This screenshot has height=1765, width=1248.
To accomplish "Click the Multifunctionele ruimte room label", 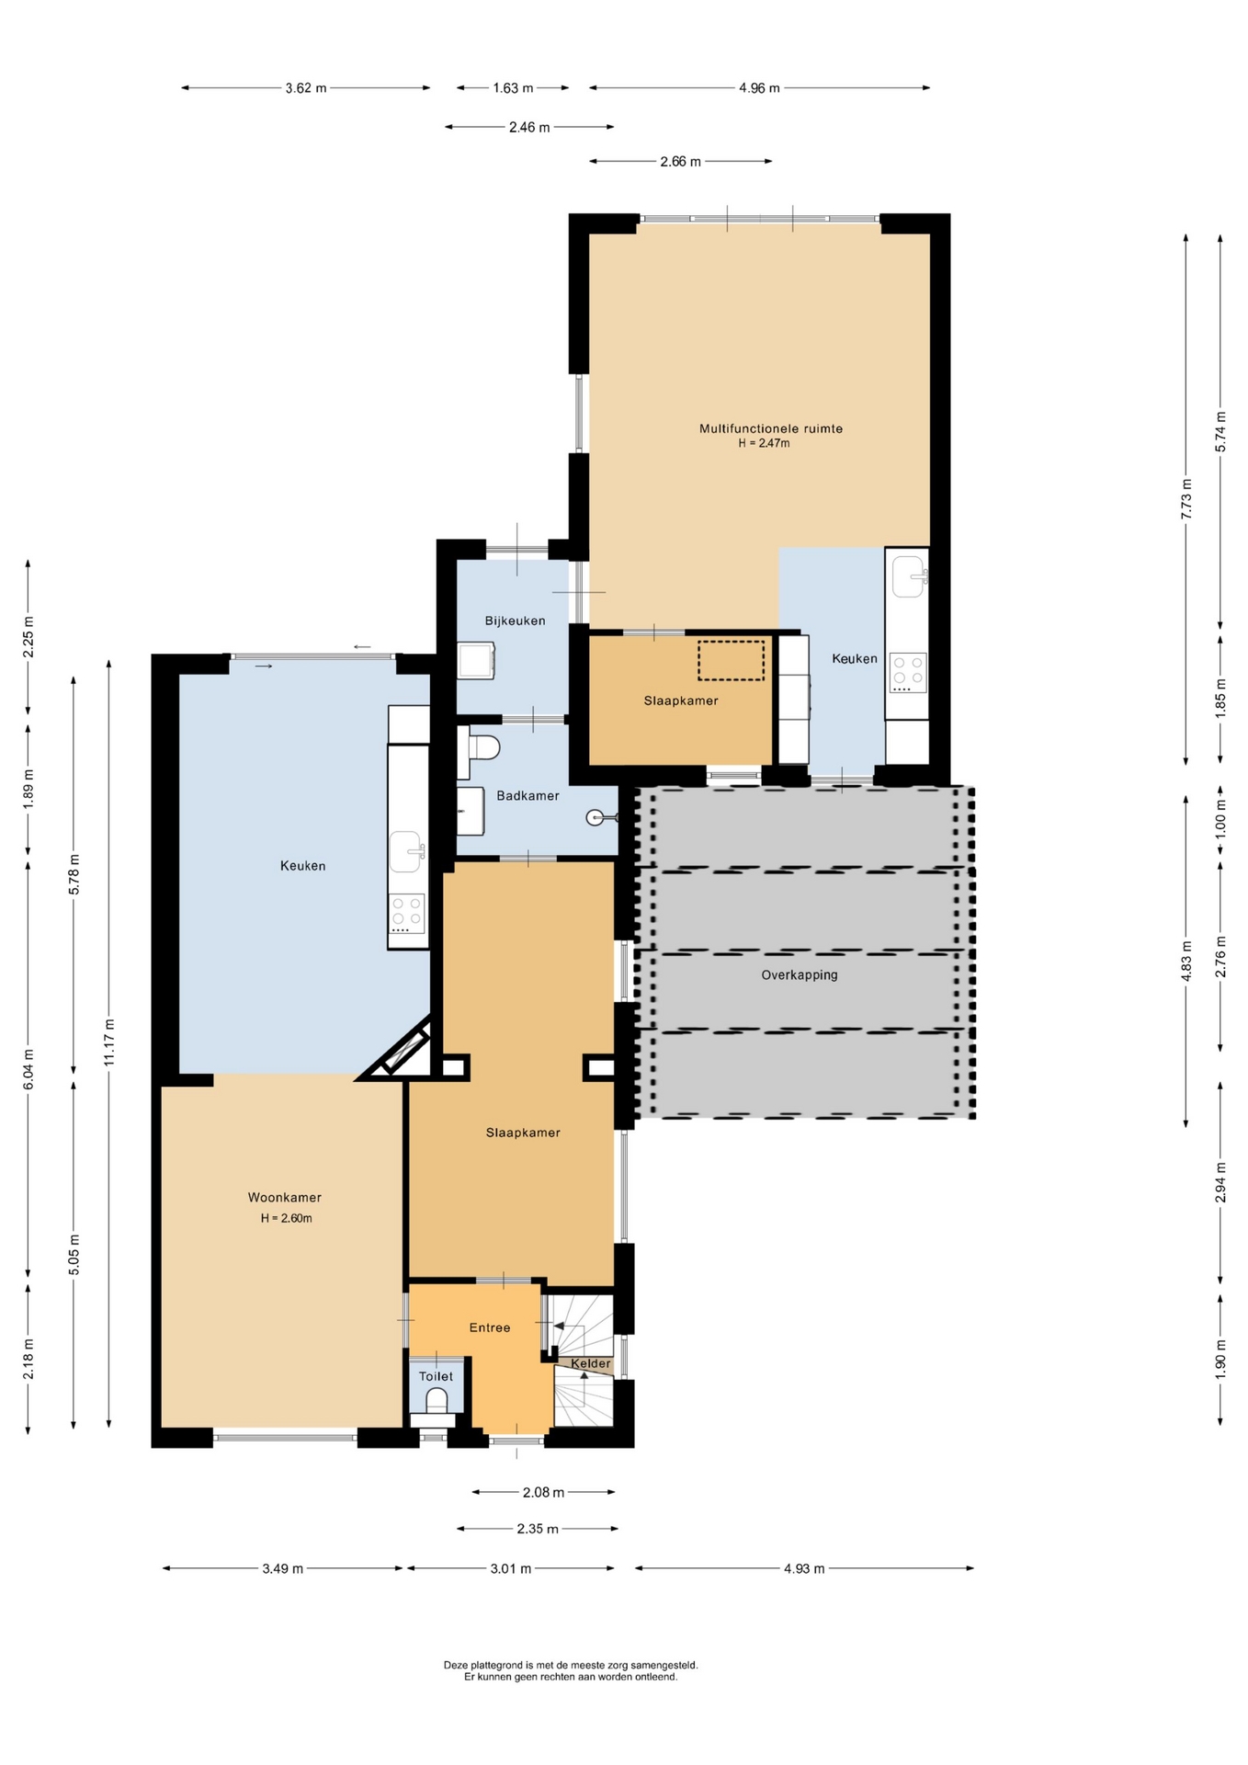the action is tap(770, 428).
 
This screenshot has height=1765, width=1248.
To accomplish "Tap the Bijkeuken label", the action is tap(515, 621).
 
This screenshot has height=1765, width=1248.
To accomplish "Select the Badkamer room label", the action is tap(528, 795).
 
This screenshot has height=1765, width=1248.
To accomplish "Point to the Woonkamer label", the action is tap(284, 1197).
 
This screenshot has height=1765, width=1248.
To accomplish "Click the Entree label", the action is tap(489, 1327).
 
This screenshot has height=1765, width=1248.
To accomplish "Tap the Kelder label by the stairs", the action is tap(590, 1363).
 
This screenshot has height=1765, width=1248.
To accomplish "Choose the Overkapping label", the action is tap(799, 974).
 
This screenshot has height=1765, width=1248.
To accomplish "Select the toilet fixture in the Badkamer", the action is tap(483, 746).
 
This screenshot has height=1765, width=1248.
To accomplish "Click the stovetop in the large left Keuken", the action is tap(406, 914).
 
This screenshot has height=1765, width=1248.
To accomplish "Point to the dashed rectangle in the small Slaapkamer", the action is tap(731, 660).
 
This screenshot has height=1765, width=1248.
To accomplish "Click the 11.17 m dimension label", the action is tap(109, 1042).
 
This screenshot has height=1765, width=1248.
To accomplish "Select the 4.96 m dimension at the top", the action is tap(759, 88).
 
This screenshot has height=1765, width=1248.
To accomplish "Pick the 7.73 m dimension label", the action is tap(1186, 499).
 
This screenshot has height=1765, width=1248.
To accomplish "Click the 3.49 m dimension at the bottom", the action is tap(282, 1568).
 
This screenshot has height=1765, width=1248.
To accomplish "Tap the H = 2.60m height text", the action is tap(286, 1218).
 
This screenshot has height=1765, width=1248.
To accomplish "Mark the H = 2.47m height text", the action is tap(764, 443).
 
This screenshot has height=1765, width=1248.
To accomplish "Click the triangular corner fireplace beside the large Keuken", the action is tap(403, 1053).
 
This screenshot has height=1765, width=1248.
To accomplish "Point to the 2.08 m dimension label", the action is tap(543, 1492).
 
